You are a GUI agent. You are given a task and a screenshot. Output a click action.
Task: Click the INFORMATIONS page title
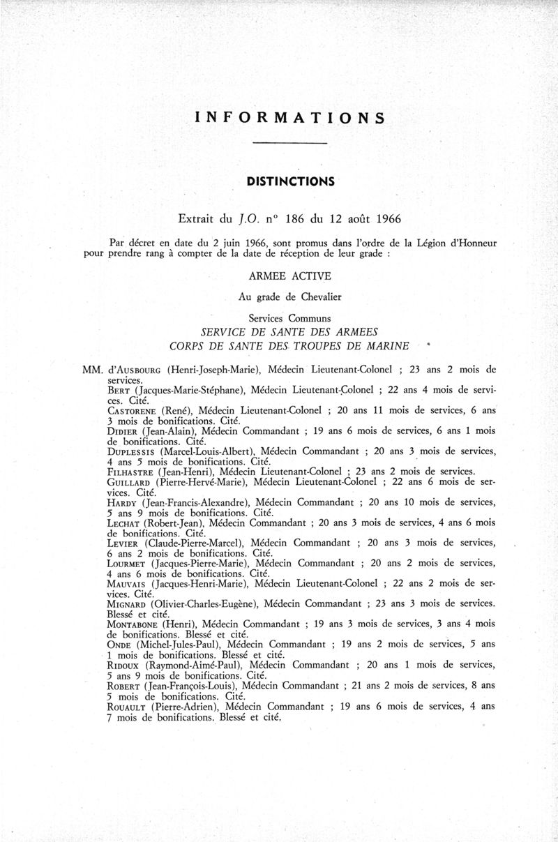[290, 117]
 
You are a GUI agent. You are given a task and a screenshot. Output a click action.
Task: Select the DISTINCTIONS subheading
[291, 182]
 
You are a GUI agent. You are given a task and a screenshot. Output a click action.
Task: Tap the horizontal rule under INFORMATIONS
[290, 144]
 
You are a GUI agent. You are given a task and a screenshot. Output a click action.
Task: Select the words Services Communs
[291, 317]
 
